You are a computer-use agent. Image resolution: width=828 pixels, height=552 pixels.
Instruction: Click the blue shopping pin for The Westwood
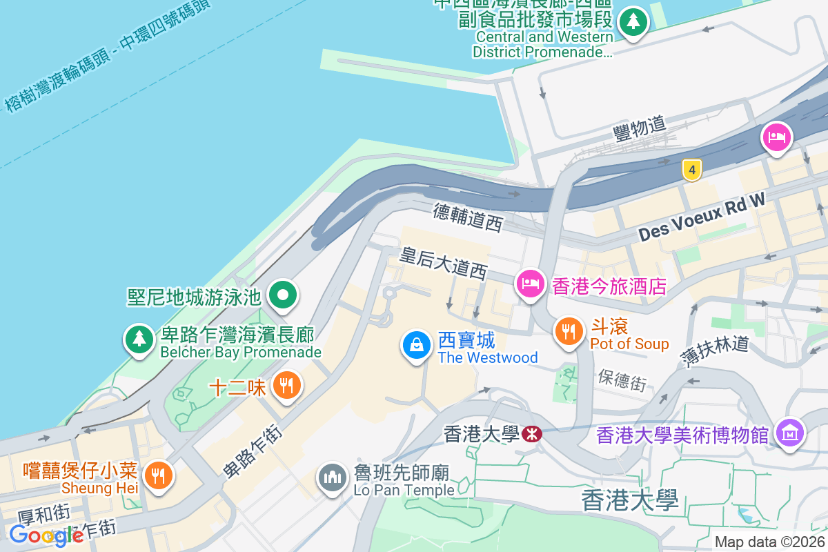(417, 345)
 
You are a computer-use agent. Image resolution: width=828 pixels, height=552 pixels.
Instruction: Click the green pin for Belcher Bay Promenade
(139, 339)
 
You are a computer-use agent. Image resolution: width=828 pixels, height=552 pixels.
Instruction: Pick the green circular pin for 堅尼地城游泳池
(282, 296)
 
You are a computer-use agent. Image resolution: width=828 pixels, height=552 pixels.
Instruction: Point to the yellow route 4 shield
(690, 170)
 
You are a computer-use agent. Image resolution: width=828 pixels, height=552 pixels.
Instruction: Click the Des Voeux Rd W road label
(702, 215)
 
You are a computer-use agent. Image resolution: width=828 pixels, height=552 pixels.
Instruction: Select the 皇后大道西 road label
(444, 264)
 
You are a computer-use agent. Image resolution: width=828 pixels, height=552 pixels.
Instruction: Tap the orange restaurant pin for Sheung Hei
(159, 475)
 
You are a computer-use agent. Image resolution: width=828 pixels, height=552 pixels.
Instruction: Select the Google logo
(46, 535)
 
